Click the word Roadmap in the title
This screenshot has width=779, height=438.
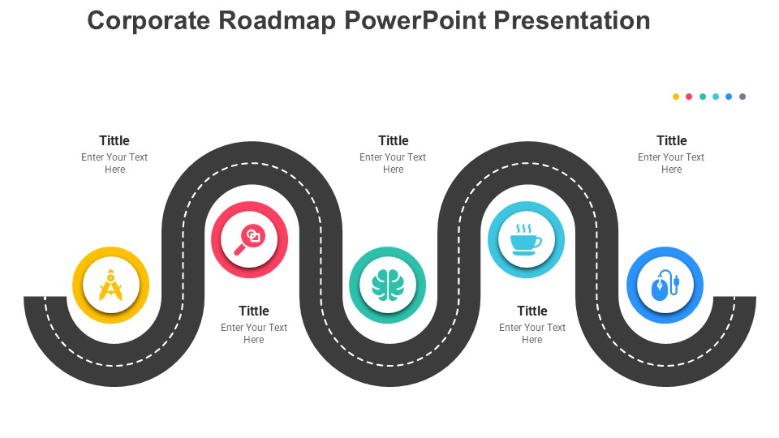pyautogui.click(x=277, y=21)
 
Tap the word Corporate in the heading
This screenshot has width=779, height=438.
pyautogui.click(x=148, y=22)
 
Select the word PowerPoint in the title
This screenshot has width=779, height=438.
pyautogui.click(x=415, y=21)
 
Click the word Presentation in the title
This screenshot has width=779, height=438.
pyautogui.click(x=572, y=21)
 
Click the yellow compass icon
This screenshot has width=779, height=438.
pyautogui.click(x=111, y=285)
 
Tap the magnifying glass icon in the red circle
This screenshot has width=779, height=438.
pyautogui.click(x=249, y=239)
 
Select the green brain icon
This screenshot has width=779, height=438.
pyautogui.click(x=388, y=285)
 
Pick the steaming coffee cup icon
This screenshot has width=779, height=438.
pyautogui.click(x=526, y=240)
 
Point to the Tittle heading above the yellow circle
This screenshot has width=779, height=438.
pyautogui.click(x=114, y=140)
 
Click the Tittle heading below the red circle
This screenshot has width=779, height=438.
pyautogui.click(x=254, y=311)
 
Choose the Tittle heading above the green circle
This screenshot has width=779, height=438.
pyautogui.click(x=394, y=140)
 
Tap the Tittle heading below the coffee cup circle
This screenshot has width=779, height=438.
pyautogui.click(x=532, y=311)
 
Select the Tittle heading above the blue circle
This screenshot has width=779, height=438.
pyautogui.click(x=672, y=140)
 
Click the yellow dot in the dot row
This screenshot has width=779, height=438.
pyautogui.click(x=676, y=97)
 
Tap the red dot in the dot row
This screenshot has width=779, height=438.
pyautogui.click(x=689, y=97)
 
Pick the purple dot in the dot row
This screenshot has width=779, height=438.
pyautogui.click(x=742, y=97)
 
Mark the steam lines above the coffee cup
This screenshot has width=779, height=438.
pyautogui.click(x=523, y=229)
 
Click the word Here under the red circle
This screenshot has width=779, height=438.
pyautogui.click(x=254, y=340)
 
